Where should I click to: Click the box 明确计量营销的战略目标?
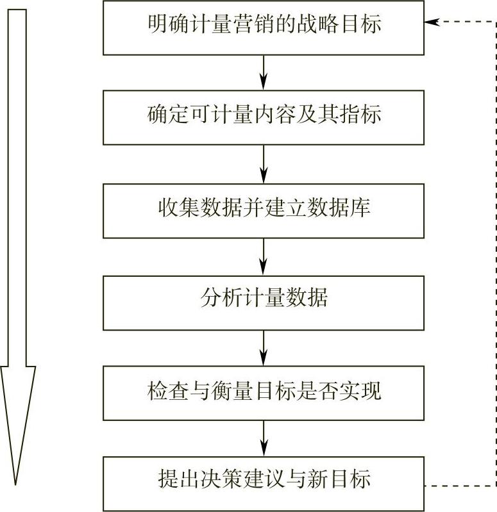(x=263, y=26)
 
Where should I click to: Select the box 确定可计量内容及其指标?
(x=263, y=117)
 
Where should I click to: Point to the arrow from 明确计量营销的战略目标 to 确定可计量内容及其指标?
(x=263, y=72)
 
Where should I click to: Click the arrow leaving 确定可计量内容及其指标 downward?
(x=263, y=163)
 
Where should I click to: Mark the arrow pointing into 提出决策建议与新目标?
(x=263, y=438)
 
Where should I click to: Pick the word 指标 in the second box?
(x=366, y=116)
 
